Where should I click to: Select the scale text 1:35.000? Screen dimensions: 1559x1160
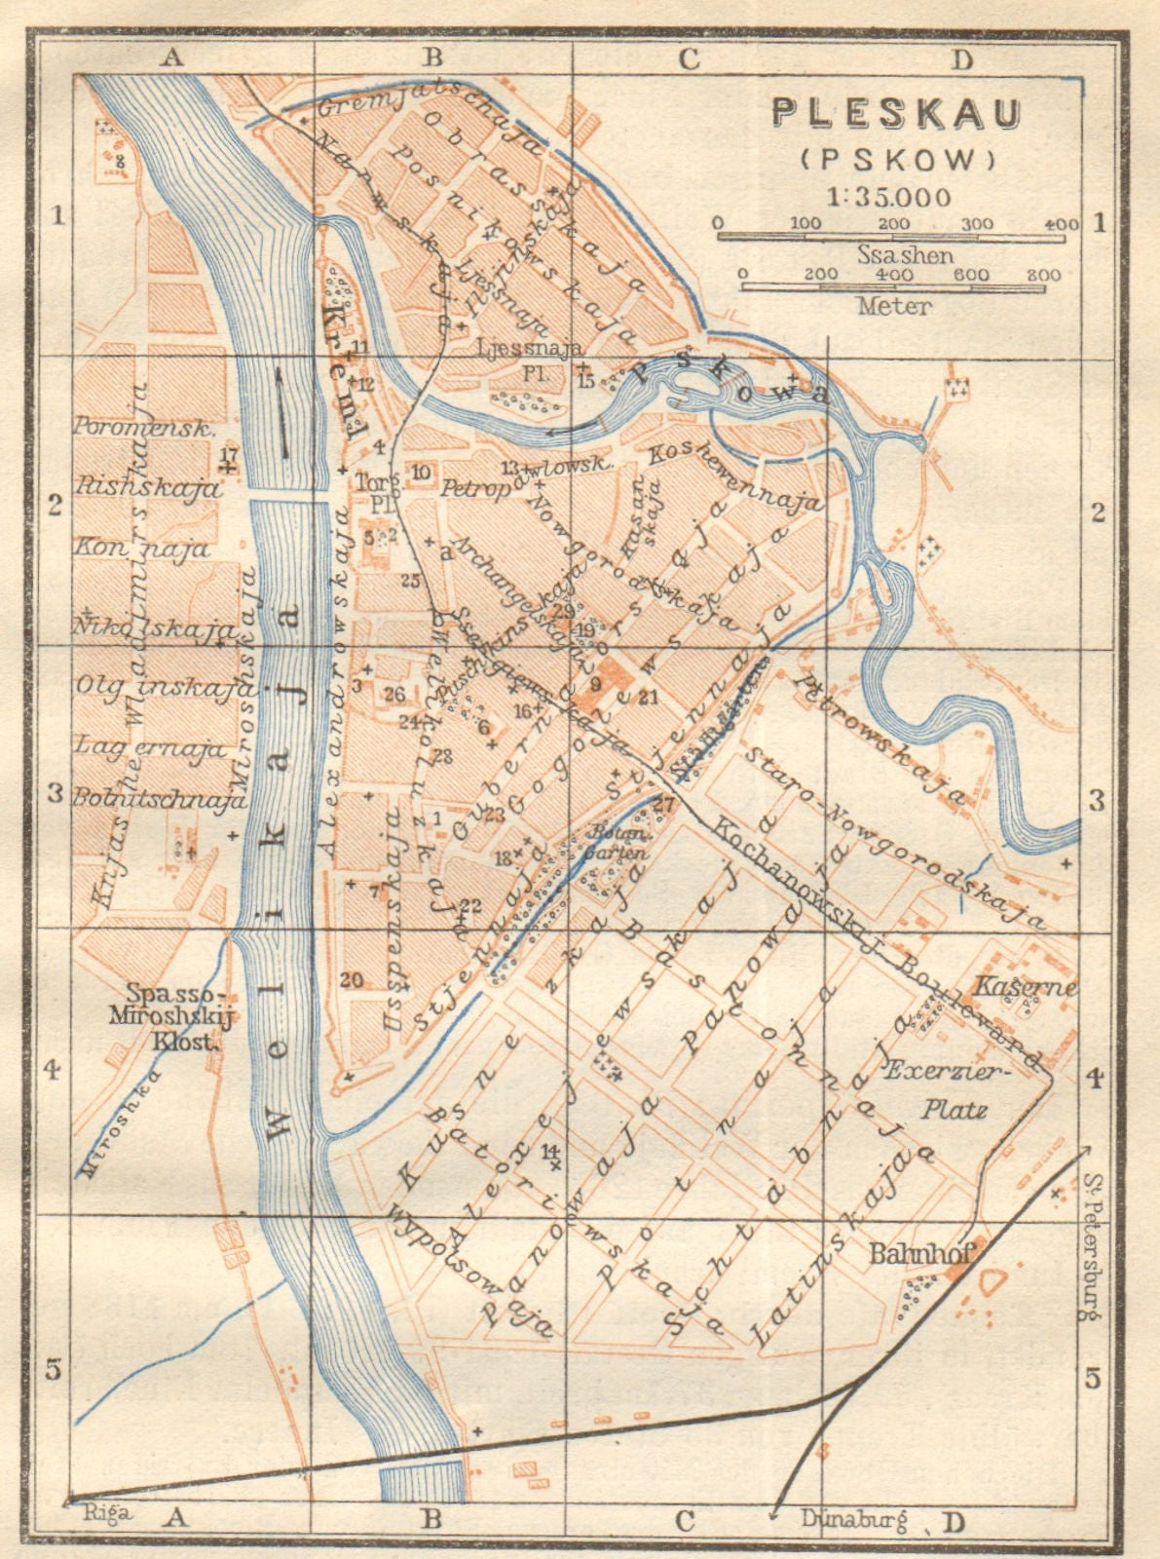tap(888, 197)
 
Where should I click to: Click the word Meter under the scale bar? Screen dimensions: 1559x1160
tap(893, 305)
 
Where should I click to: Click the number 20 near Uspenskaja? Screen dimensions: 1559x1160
tap(352, 979)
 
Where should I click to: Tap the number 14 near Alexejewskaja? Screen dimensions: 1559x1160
tap(550, 1150)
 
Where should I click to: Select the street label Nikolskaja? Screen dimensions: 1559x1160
tap(154, 628)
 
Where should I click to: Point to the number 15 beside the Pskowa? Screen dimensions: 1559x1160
tap(585, 381)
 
